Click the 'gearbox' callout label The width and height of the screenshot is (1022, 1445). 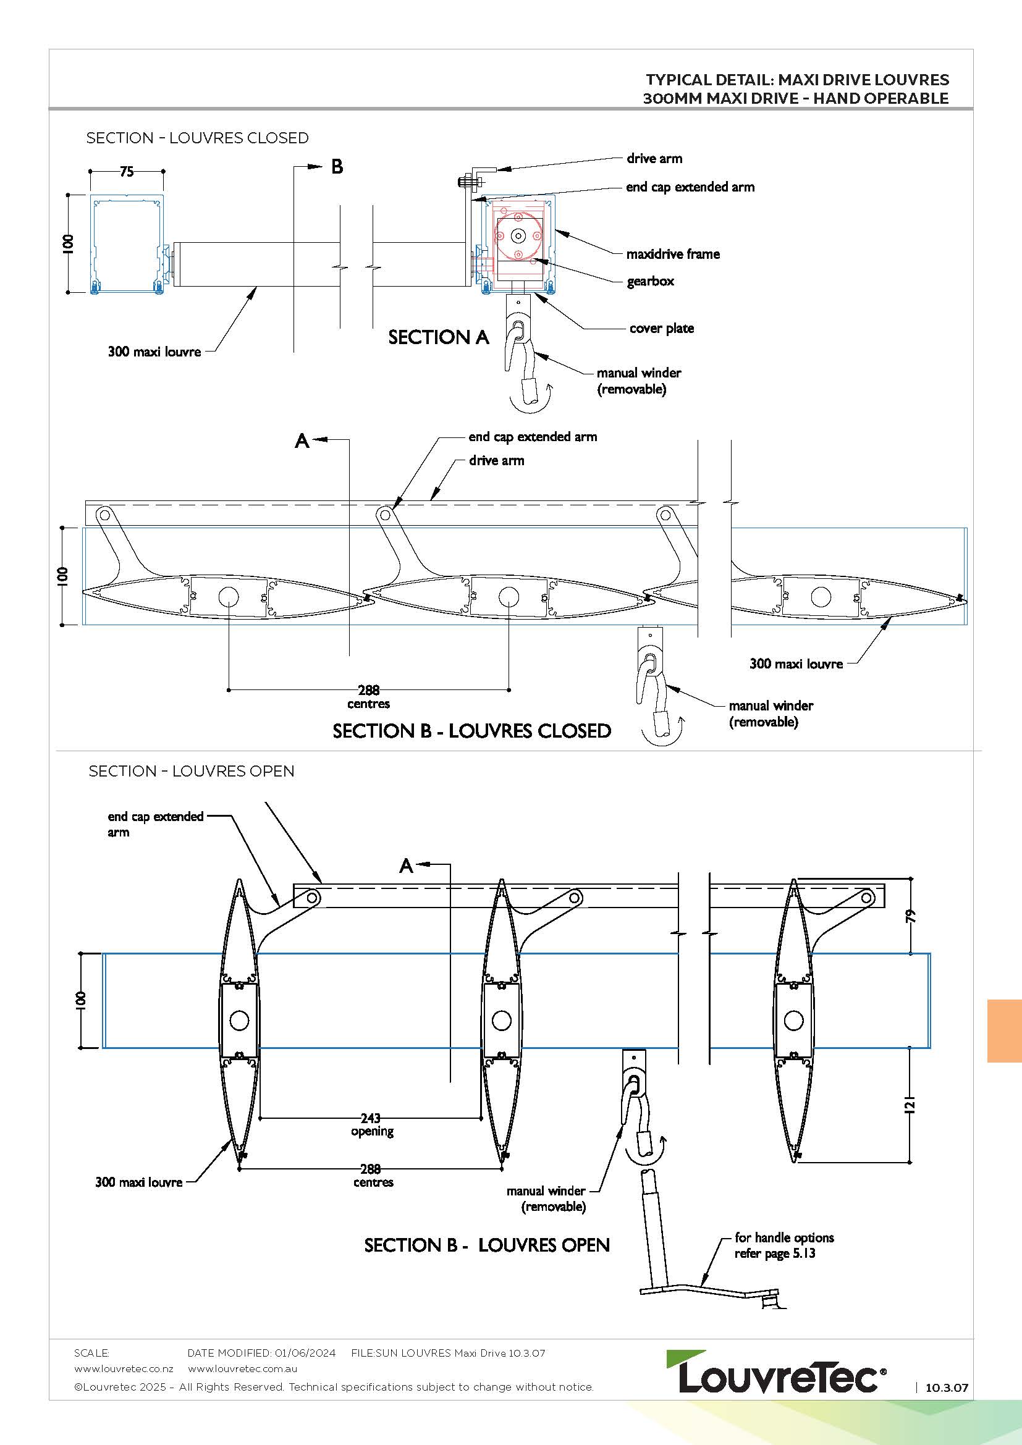650,281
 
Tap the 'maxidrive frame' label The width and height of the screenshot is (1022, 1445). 673,255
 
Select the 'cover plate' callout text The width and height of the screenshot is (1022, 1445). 661,329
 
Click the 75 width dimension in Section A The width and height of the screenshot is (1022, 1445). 127,171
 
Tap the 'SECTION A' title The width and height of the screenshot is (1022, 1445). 438,337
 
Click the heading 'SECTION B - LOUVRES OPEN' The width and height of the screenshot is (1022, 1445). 486,1245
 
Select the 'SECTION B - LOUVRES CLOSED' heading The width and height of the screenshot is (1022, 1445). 471,731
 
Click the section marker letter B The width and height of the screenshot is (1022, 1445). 337,167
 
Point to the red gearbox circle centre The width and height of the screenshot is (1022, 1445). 518,236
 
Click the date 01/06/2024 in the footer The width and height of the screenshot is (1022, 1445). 305,1352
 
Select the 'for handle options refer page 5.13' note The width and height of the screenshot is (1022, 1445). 783,1245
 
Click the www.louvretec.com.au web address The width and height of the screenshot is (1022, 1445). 242,1368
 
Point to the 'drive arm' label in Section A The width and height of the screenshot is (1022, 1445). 654,159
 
